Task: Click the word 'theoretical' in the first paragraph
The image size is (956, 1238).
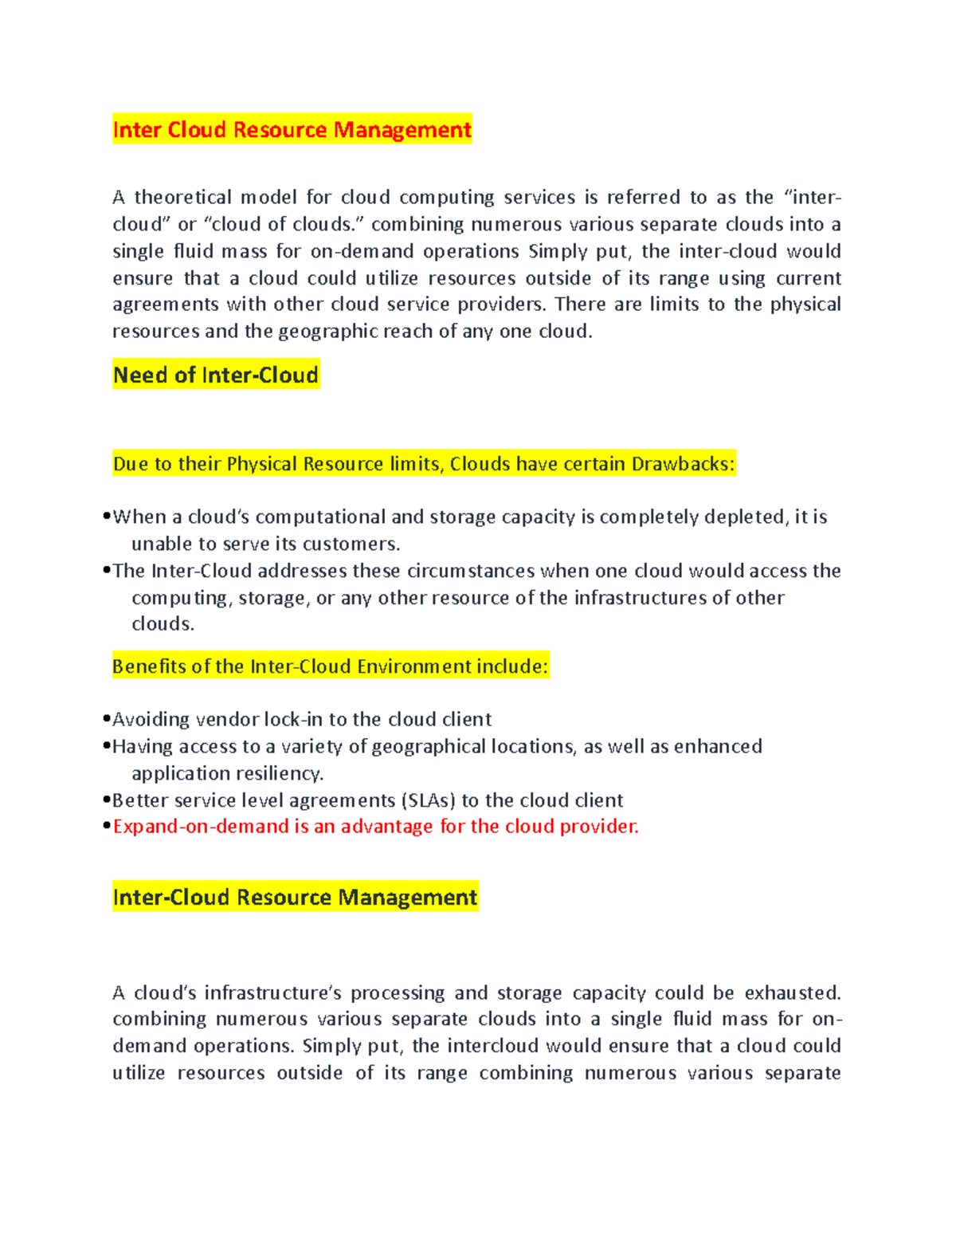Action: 182,197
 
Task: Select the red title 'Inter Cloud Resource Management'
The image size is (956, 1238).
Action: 292,129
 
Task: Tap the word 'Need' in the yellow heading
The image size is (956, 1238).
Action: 141,375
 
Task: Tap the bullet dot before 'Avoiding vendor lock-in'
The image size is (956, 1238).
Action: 106,719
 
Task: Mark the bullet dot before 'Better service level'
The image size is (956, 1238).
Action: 106,800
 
